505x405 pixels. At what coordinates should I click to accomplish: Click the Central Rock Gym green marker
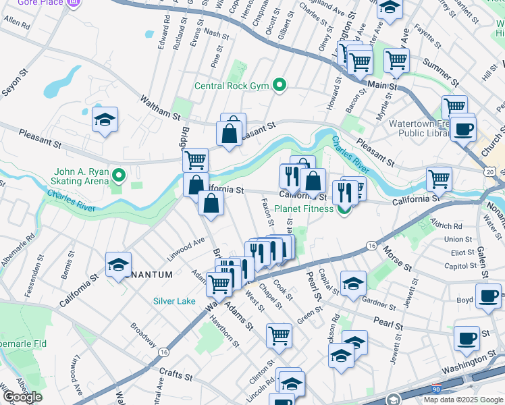click(279, 85)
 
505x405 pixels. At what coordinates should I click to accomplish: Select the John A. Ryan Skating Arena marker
click(119, 177)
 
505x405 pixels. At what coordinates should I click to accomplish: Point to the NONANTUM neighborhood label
click(149, 274)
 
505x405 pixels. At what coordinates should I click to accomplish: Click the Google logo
click(22, 397)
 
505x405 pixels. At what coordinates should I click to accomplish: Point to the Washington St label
click(467, 371)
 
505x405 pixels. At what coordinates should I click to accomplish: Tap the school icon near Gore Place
click(105, 119)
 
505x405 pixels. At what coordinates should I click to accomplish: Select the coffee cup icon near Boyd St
click(488, 295)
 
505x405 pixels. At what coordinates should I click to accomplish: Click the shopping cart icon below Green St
click(279, 335)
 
